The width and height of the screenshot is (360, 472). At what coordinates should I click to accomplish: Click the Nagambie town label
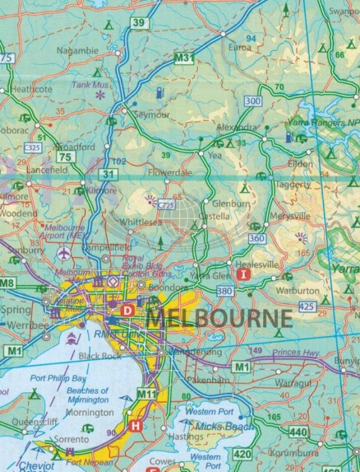coord(77,50)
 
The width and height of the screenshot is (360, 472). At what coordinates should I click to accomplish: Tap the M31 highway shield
coord(184,58)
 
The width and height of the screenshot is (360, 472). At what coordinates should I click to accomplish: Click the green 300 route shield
coord(253,101)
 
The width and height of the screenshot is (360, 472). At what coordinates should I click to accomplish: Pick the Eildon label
coord(300,164)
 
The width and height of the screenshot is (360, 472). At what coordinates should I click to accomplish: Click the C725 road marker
coord(166,205)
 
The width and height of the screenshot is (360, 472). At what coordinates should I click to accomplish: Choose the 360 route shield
coord(256,238)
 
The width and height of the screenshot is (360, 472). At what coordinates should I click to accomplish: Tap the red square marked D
coord(128,310)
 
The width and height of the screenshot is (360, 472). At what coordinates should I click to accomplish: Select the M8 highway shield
coord(7,283)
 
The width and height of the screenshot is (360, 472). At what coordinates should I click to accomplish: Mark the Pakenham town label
coord(201,381)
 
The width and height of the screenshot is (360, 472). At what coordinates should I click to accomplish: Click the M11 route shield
coord(145,395)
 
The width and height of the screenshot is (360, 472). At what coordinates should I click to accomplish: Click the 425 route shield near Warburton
coord(307,306)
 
